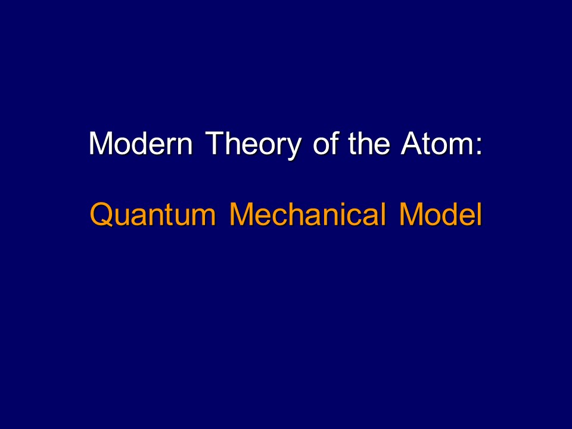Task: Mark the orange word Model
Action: click(x=440, y=215)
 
